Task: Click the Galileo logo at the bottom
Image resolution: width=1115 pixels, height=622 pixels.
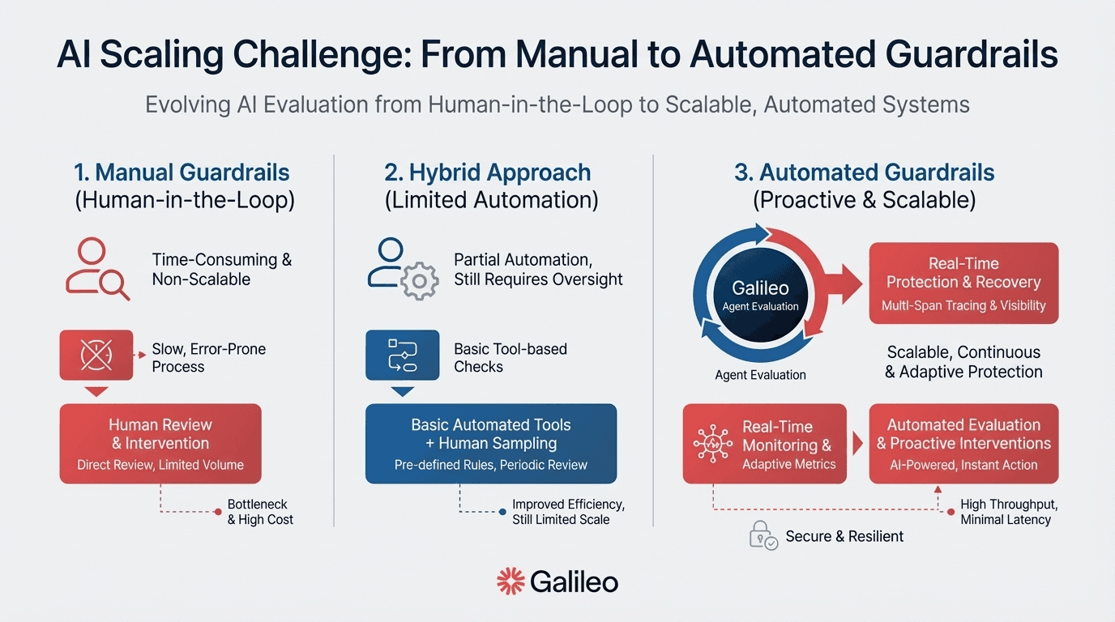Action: click(557, 582)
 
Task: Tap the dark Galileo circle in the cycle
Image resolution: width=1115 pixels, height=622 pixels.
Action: click(760, 295)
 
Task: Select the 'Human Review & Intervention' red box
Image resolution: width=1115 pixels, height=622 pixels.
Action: click(160, 443)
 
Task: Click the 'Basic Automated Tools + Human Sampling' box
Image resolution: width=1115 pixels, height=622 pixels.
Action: click(491, 443)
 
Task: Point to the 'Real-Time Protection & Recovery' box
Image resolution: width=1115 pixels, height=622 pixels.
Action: click(963, 283)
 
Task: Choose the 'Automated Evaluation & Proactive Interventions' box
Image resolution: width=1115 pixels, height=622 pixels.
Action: click(963, 443)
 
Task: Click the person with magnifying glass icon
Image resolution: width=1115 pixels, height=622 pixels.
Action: click(97, 269)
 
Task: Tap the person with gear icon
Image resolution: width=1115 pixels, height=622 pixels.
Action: click(402, 269)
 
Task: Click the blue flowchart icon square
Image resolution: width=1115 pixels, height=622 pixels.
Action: click(402, 355)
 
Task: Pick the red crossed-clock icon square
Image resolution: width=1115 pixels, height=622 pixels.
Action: click(96, 355)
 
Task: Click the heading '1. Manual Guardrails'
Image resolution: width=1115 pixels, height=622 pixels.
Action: click(182, 173)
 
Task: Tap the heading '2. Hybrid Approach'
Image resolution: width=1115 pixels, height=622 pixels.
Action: click(488, 173)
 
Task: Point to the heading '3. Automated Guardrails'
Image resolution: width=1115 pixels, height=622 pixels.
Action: click(865, 173)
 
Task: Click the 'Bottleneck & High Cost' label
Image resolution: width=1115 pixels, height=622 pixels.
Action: click(260, 512)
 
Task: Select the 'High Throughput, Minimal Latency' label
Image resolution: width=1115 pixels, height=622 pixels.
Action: click(1009, 512)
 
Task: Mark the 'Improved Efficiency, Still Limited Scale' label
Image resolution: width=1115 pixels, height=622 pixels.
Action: click(568, 512)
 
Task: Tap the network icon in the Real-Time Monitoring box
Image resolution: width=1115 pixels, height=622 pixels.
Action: click(713, 444)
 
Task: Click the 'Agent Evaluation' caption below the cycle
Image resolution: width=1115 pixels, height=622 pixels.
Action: click(760, 375)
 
